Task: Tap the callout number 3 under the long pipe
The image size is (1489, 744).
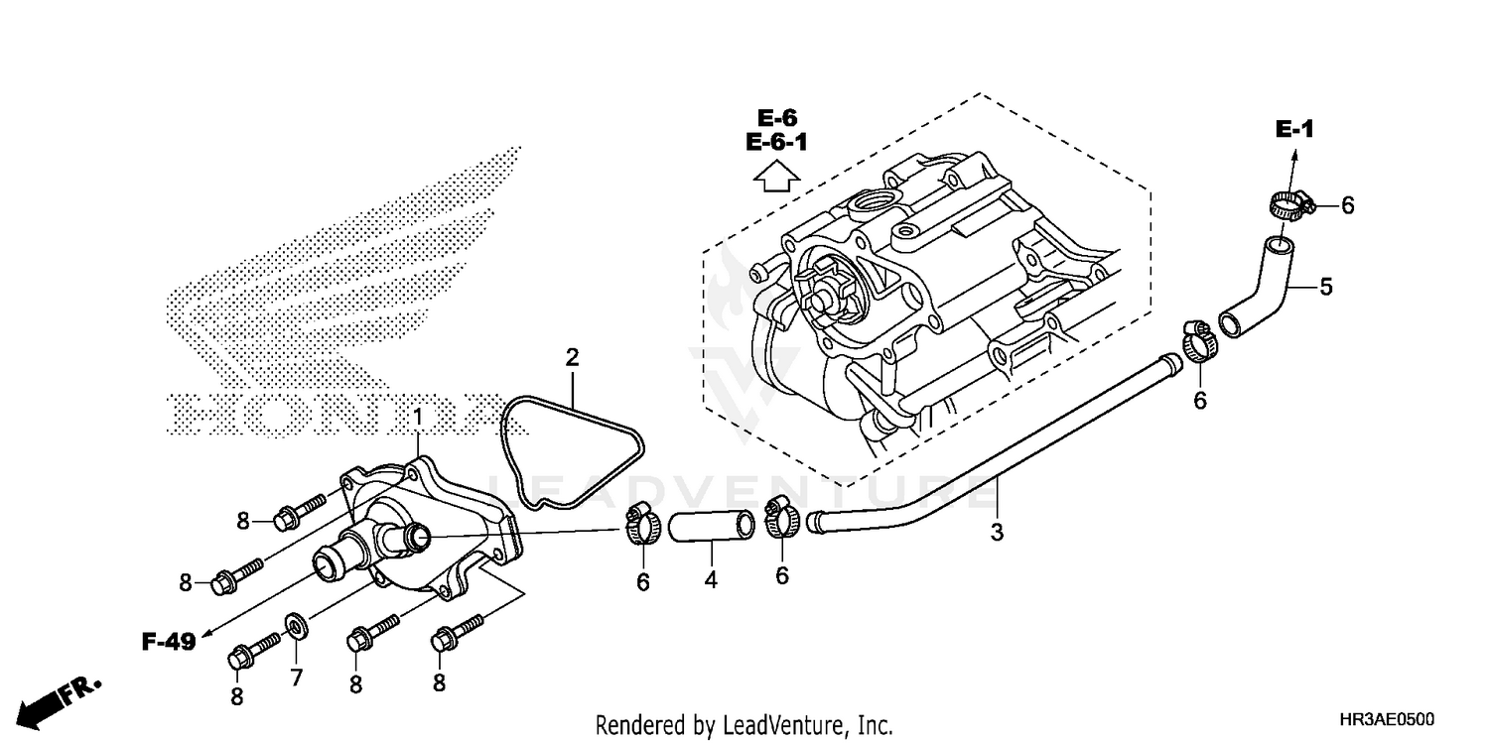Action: click(997, 533)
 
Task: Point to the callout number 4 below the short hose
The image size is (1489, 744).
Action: click(711, 578)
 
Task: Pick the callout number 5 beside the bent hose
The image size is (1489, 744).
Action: click(1325, 288)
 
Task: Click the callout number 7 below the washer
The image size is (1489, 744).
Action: click(296, 678)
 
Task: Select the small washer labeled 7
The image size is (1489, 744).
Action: click(296, 626)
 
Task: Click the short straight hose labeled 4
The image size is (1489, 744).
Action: click(711, 527)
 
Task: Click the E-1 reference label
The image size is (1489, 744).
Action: click(1294, 128)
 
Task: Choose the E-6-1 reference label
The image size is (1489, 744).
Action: click(776, 143)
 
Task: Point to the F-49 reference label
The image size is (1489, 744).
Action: click(167, 642)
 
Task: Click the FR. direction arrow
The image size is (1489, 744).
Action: click(60, 700)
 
